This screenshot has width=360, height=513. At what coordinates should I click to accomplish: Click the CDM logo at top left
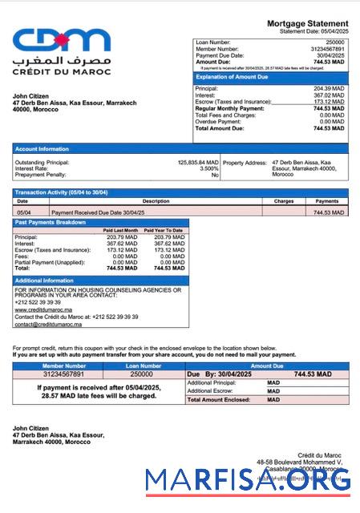[61, 40]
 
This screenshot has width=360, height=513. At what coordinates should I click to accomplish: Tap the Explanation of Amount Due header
[230, 77]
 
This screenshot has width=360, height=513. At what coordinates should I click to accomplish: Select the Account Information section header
[42, 148]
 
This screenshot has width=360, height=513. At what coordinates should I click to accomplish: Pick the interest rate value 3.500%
[208, 168]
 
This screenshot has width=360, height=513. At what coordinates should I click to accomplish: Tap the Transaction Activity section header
[61, 192]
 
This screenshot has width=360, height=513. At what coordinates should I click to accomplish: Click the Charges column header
[284, 201]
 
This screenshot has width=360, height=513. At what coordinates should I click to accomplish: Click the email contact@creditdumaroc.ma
[49, 324]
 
